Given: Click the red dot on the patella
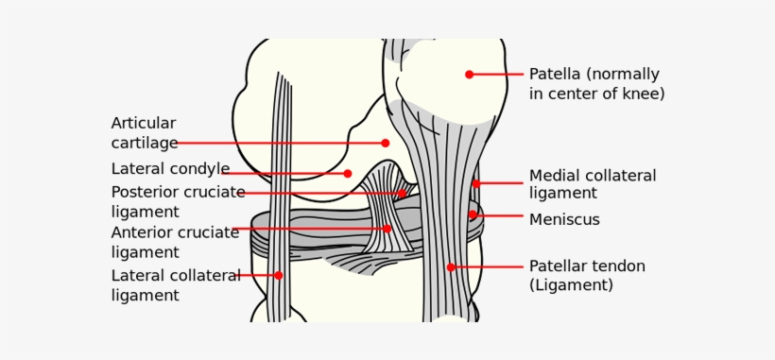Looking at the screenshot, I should [x=469, y=74].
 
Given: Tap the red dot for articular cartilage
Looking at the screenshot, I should [x=386, y=143].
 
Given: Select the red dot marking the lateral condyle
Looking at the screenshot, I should [x=348, y=173].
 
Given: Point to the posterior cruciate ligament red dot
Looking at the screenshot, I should [x=402, y=194].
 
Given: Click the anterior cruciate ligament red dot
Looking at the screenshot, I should [x=387, y=228].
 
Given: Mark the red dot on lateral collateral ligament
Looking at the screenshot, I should [x=279, y=275].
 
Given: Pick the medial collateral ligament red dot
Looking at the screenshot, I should [x=476, y=183].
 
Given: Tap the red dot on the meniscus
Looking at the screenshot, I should [x=473, y=214].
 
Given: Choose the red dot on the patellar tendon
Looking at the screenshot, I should [x=451, y=266].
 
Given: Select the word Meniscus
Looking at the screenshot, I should [x=564, y=220].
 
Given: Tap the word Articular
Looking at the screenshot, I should [x=144, y=123].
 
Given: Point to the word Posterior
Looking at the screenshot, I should [x=144, y=192].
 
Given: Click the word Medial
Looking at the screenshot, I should [x=554, y=176].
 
